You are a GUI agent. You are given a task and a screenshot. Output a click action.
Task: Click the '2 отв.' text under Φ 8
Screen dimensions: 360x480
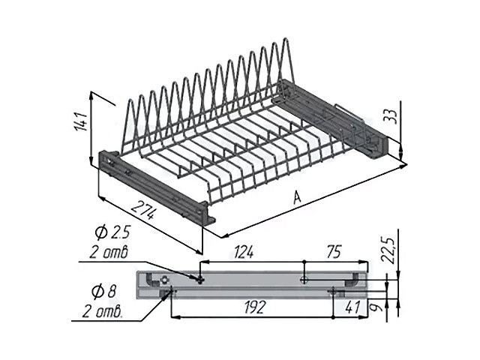coord(103,310)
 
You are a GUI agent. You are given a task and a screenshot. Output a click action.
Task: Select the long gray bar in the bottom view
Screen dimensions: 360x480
coord(255,282)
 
